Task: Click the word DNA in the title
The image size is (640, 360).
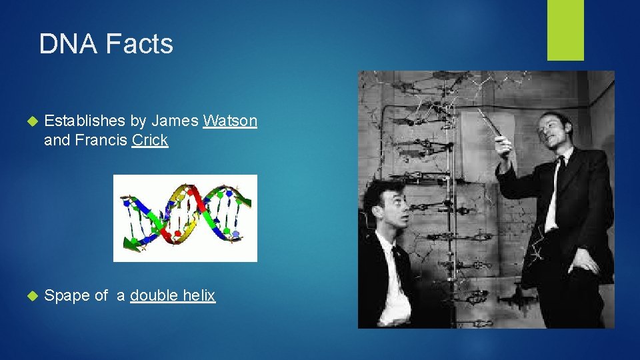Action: pyautogui.click(x=66, y=44)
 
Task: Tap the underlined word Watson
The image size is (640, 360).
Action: pyautogui.click(x=230, y=121)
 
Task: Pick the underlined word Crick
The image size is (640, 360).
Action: pyautogui.click(x=150, y=141)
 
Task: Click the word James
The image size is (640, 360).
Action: pyautogui.click(x=175, y=121)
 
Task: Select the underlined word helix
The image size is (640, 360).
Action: pyautogui.click(x=199, y=296)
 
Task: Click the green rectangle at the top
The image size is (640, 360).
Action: pyautogui.click(x=565, y=30)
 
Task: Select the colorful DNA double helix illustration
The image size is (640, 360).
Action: pyautogui.click(x=185, y=218)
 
